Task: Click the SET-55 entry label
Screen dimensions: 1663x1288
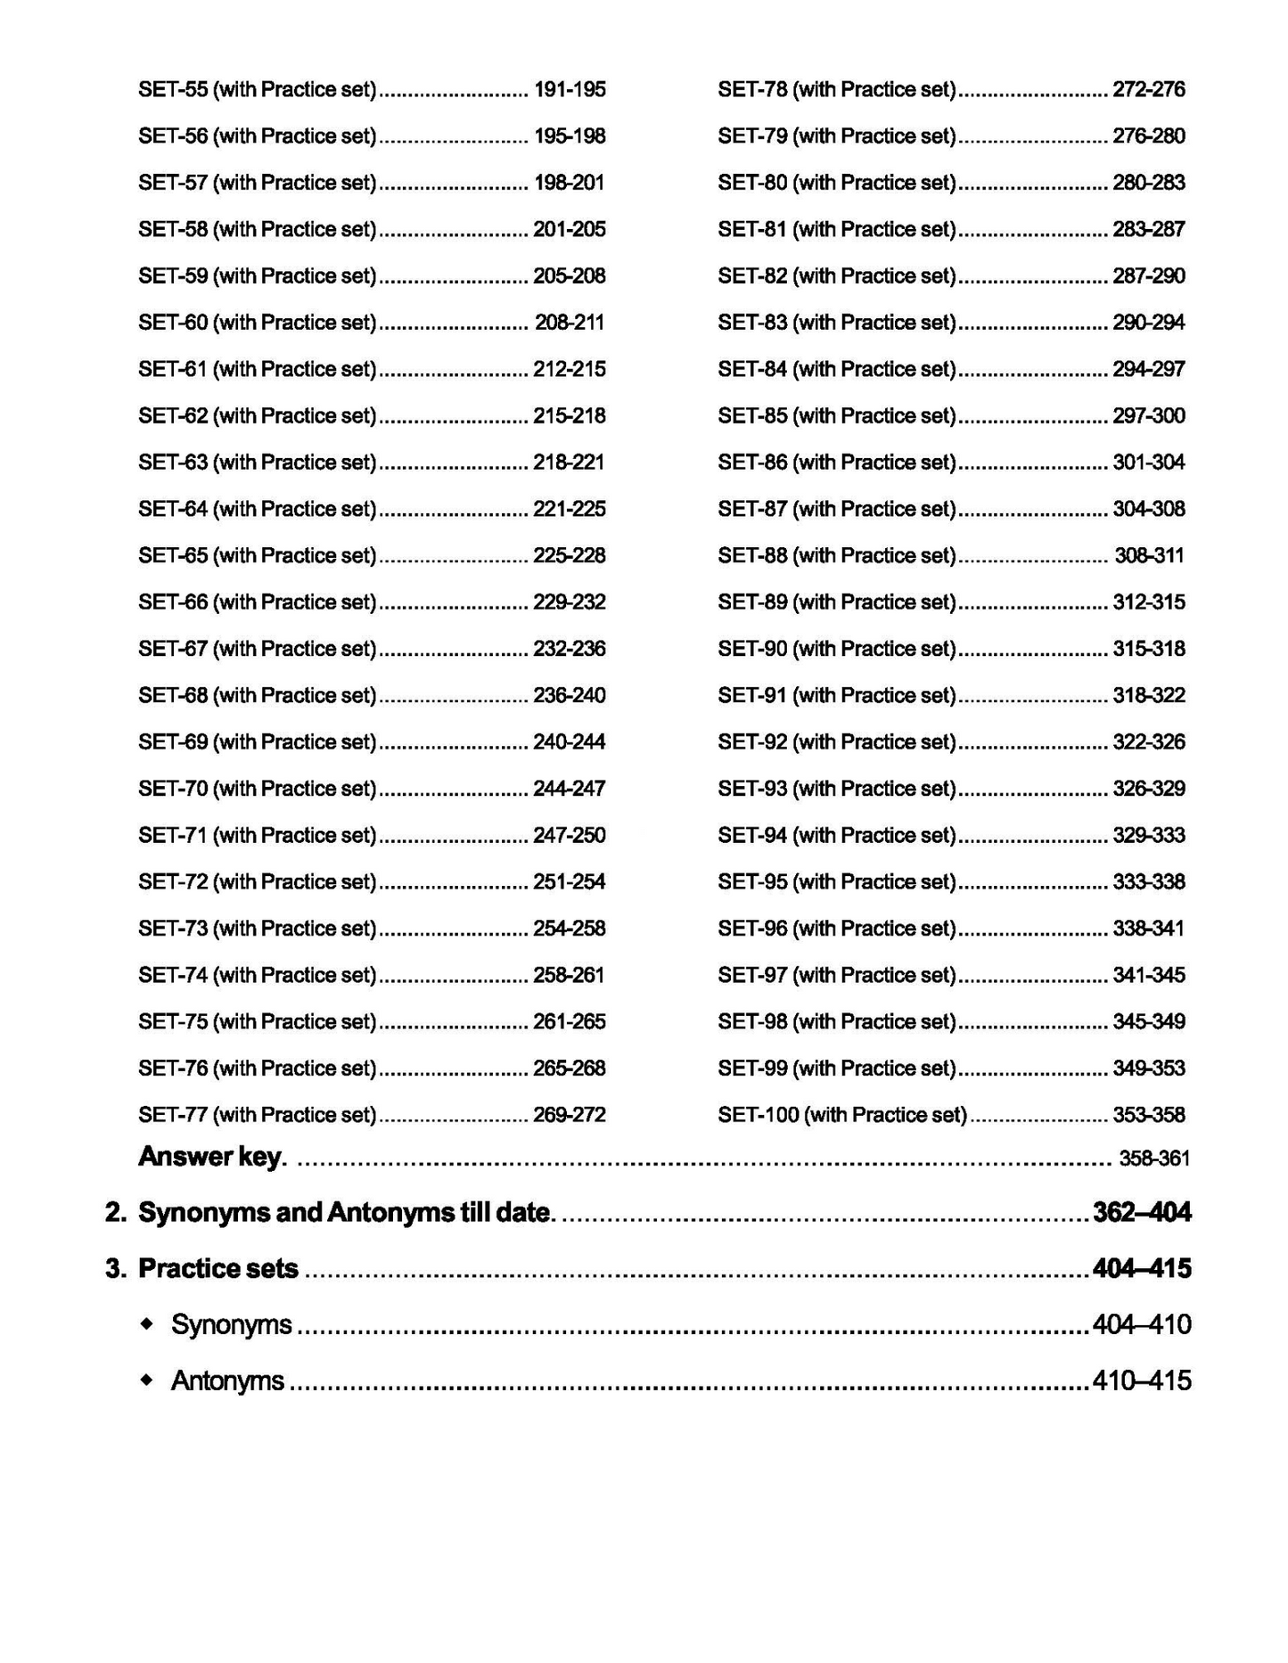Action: [x=258, y=89]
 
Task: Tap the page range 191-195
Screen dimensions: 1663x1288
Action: [x=569, y=89]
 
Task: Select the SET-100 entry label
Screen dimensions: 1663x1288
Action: [x=842, y=1115]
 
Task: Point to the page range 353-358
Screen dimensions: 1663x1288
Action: [x=1149, y=1115]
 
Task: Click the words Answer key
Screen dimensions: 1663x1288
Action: [x=212, y=1157]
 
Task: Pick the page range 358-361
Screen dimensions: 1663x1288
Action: [x=1154, y=1159]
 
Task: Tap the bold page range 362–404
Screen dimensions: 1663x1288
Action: [x=1141, y=1212]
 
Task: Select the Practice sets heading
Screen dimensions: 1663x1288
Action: [x=218, y=1268]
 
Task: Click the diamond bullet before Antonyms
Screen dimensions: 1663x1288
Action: [x=147, y=1380]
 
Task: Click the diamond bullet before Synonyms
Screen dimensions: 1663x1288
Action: [x=147, y=1324]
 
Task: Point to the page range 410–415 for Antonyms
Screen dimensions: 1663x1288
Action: [x=1141, y=1380]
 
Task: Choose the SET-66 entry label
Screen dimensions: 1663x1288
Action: [x=258, y=602]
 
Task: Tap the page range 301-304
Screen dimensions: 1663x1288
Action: [x=1149, y=463]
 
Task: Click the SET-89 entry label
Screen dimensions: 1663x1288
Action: [x=837, y=602]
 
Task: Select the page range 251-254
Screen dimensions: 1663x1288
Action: [x=569, y=882]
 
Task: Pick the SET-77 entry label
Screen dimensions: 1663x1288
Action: [x=258, y=1115]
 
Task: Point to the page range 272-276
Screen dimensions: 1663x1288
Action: [x=1149, y=89]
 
